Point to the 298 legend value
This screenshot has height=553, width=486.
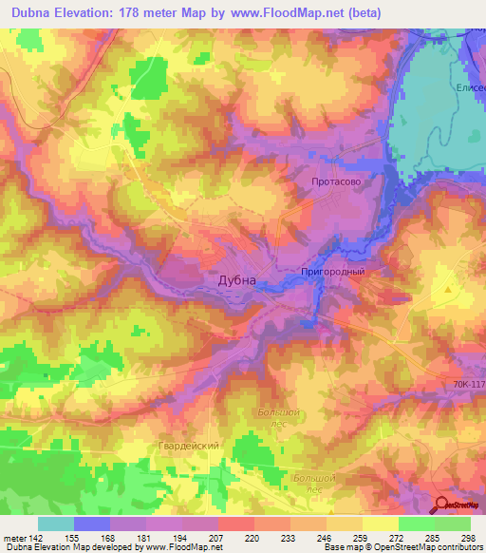(x=465, y=537)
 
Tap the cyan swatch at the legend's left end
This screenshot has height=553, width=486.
(x=55, y=524)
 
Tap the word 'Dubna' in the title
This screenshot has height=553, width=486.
(x=35, y=12)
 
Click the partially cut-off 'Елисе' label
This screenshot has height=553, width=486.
(x=471, y=86)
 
